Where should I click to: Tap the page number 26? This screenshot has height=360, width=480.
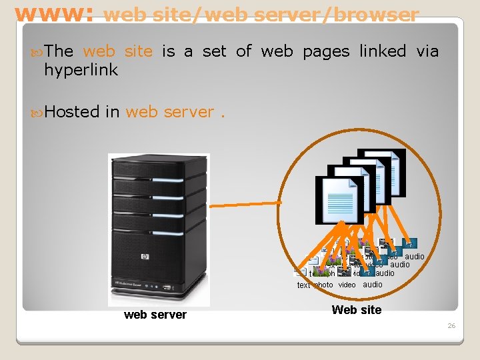(451, 326)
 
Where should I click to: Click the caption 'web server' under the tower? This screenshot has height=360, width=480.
(155, 315)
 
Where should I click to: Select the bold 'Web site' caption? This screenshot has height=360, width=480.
(357, 309)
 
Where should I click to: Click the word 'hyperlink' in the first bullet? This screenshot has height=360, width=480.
(81, 69)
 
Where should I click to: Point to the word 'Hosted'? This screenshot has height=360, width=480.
(73, 111)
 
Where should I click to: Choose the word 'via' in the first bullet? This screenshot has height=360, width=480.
(427, 51)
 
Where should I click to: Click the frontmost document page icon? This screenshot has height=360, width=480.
(339, 200)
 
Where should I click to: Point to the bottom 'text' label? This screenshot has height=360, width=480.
(303, 285)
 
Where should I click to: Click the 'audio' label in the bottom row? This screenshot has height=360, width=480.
(372, 285)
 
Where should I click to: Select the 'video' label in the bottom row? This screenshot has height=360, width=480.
(347, 285)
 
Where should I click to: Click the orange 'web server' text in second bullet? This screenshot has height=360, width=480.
(169, 111)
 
